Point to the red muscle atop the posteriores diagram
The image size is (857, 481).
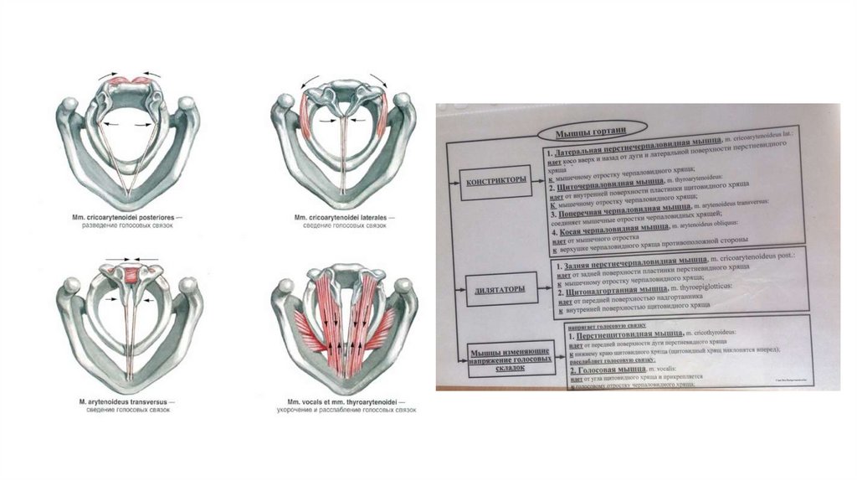[130, 82]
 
